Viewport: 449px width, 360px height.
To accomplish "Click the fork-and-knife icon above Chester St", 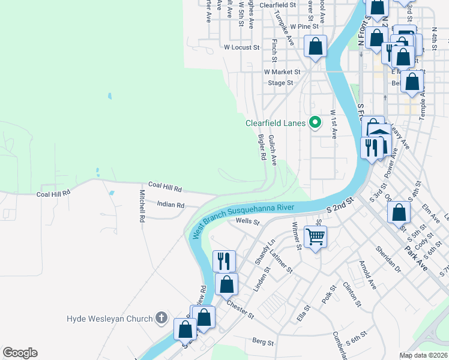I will coord(224,260).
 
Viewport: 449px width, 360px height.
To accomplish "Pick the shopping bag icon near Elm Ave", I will coord(399,212).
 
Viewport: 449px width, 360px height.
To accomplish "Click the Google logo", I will coord(20,353).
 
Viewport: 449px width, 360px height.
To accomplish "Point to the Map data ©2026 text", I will coord(423,355).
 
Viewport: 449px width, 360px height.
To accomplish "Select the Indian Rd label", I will coord(170,205).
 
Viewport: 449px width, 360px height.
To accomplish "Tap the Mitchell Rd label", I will coord(142,206).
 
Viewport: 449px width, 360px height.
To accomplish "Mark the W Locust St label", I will coord(241,46).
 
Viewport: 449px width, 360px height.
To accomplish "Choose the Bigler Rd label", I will coord(262,147).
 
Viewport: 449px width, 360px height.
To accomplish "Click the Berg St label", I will coord(262,343).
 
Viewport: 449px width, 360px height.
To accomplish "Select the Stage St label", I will coord(280,83).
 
